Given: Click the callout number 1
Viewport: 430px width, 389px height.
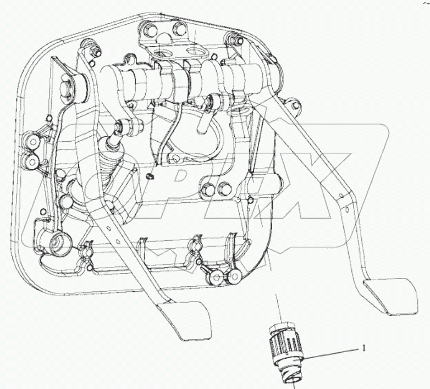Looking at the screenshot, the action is click(362, 348).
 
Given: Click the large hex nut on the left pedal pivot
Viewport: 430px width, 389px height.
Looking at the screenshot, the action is click(68, 87).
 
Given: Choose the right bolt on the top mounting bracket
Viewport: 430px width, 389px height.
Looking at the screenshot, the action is click(177, 28).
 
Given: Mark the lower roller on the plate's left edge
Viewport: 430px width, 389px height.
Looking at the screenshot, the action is click(31, 160).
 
